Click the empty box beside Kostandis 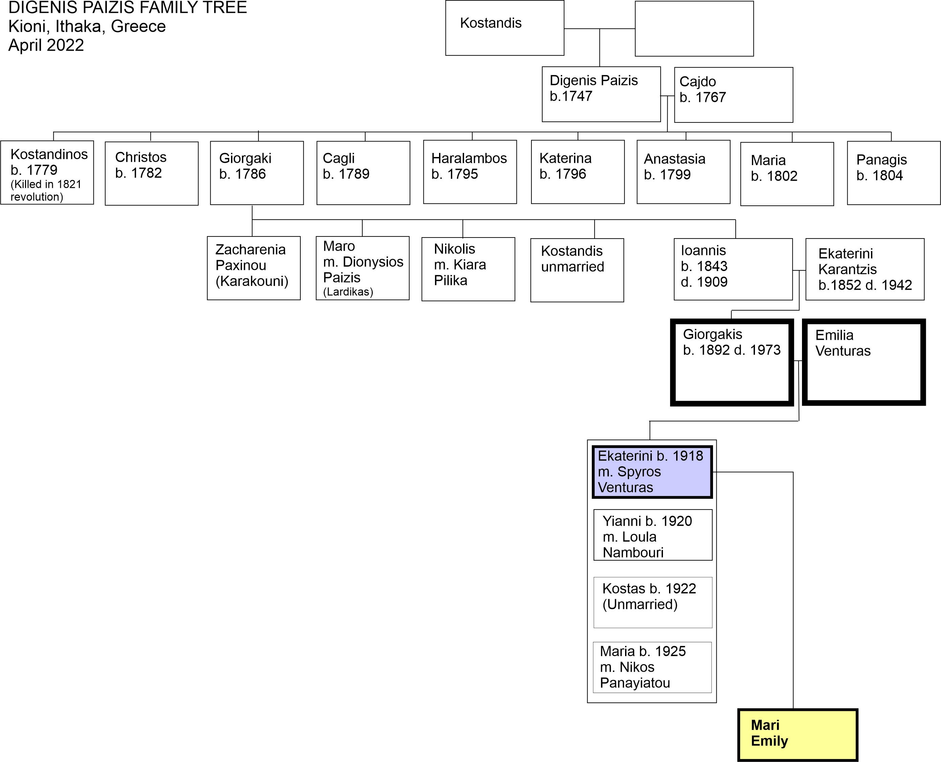[x=694, y=28]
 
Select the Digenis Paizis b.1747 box [x=601, y=94]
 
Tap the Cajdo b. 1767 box [x=734, y=95]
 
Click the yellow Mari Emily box [x=798, y=735]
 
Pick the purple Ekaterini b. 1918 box [x=652, y=472]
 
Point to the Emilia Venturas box [x=863, y=362]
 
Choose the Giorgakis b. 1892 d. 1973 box [x=732, y=362]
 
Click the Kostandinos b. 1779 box [x=47, y=173]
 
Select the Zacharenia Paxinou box [x=254, y=268]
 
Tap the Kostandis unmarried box [x=577, y=270]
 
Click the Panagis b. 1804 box [x=894, y=173]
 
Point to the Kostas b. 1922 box [x=653, y=602]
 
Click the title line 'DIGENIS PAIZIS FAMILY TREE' [x=128, y=8]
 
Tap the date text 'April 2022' [x=46, y=45]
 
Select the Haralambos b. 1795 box [x=470, y=172]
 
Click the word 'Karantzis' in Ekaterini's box [x=847, y=269]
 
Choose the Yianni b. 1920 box [x=653, y=535]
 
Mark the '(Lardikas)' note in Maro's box [x=348, y=292]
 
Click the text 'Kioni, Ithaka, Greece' [x=87, y=26]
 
